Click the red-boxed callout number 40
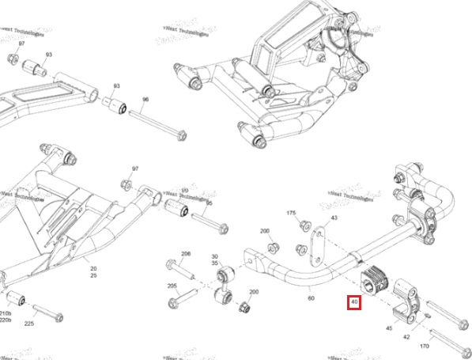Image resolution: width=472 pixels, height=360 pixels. [354, 302]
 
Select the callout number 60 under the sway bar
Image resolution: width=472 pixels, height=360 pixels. [311, 298]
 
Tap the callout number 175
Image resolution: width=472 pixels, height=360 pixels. [291, 214]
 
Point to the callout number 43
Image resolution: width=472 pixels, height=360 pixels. [334, 218]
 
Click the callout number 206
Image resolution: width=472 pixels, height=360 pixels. [186, 254]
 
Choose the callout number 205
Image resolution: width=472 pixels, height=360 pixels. [172, 286]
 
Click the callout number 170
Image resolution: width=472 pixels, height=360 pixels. [425, 345]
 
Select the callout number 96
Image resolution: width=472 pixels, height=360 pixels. [145, 100]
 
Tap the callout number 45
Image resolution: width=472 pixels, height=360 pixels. [388, 327]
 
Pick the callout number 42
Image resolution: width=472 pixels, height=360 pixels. [406, 336]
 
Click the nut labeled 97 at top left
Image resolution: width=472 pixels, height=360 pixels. [13, 60]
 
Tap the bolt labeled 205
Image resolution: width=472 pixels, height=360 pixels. [183, 301]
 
